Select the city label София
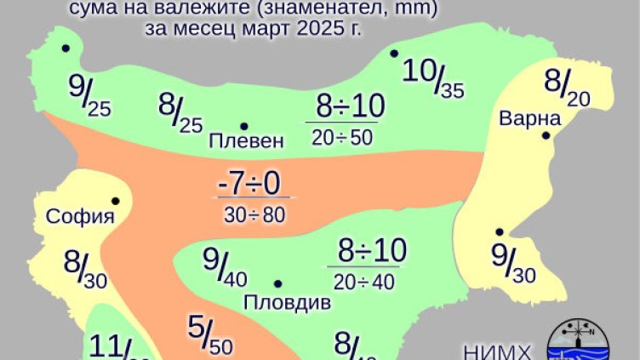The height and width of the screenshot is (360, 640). pyautogui.click(x=81, y=216)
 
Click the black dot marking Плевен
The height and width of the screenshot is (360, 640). pyautogui.click(x=243, y=126)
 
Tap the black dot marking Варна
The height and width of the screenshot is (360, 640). pyautogui.click(x=547, y=134)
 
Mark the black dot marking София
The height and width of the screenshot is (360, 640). pyautogui.click(x=115, y=202)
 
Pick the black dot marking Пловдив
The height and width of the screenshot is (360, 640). pyautogui.click(x=277, y=284)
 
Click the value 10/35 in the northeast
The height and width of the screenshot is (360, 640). pyautogui.click(x=432, y=77)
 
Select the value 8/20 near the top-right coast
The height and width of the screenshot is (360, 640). pyautogui.click(x=566, y=88)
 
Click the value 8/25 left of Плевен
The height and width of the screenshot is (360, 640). pyautogui.click(x=180, y=114)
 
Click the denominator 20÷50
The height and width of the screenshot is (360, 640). pyautogui.click(x=341, y=138)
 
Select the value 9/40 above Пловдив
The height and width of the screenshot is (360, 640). pyautogui.click(x=225, y=266)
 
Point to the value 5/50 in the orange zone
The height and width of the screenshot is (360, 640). pyautogui.click(x=209, y=334)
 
